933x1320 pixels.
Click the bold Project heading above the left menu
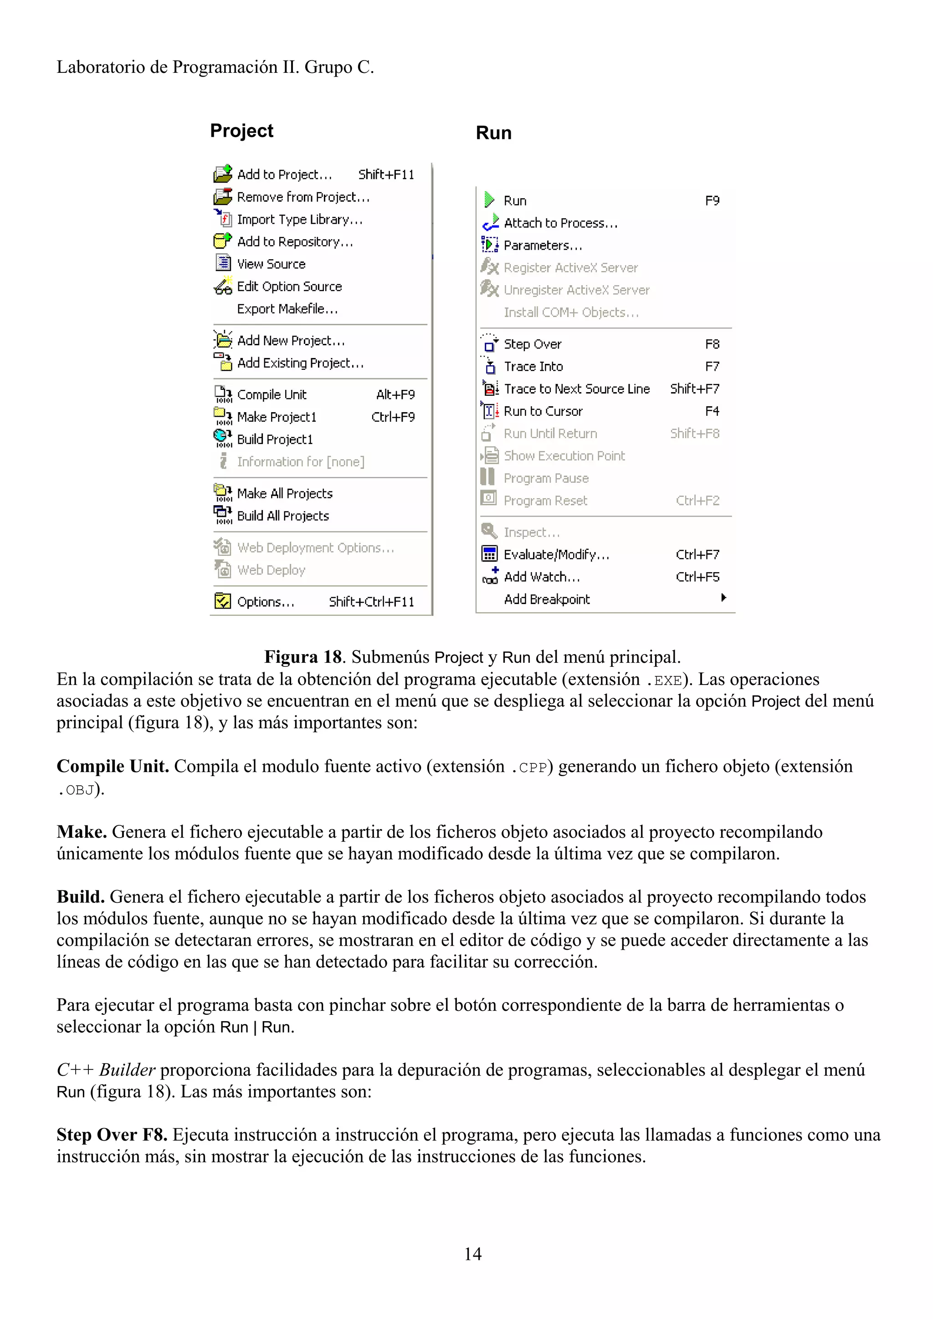(241, 131)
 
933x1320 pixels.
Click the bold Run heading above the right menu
(493, 133)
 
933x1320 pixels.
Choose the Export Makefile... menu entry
(287, 309)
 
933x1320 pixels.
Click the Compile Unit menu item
(272, 395)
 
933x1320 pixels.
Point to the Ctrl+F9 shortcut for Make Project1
(393, 417)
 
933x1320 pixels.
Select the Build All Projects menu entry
(283, 516)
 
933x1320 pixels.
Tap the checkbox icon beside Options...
(222, 601)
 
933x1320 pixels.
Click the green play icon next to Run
(489, 200)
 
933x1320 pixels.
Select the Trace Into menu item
(533, 367)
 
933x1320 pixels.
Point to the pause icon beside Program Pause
(487, 477)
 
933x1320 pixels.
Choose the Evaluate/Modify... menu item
(556, 555)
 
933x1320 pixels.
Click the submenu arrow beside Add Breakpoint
(723, 598)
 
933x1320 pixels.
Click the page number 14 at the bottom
(472, 1254)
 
